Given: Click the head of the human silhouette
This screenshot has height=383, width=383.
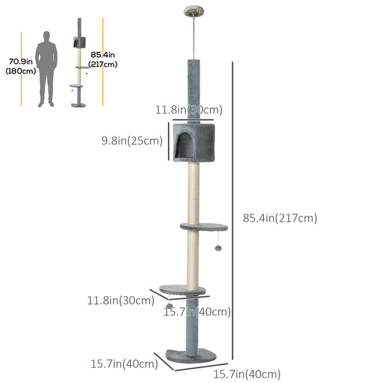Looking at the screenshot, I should (46, 36).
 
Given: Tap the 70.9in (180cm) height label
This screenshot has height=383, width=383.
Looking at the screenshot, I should (21, 66).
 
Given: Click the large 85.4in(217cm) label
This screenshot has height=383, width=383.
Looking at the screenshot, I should (280, 218).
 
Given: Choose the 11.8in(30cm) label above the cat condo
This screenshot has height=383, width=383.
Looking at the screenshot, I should (189, 110).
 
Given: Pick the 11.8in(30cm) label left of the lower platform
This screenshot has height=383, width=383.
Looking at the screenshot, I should (119, 299).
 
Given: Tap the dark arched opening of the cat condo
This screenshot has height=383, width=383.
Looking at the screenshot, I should (186, 147).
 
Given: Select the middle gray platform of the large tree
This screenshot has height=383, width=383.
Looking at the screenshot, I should (204, 227).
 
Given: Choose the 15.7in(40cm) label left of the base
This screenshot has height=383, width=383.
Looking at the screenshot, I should (124, 364).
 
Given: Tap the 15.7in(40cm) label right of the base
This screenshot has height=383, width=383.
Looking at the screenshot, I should (246, 374).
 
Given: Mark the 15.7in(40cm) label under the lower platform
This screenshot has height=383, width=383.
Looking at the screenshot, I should (197, 312).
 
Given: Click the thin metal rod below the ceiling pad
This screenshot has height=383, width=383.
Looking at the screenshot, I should (191, 38).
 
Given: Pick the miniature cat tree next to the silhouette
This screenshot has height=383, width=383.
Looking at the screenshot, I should (79, 64).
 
